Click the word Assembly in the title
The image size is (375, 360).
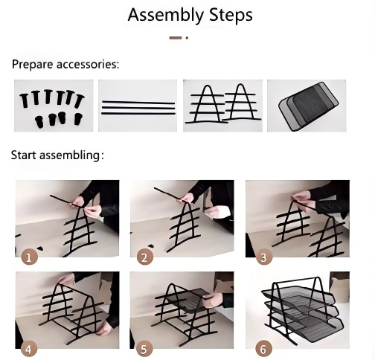click(165, 16)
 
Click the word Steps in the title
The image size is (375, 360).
click(231, 15)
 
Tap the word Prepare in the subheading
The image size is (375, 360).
click(33, 65)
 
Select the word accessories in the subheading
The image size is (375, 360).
click(88, 65)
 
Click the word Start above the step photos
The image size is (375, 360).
click(24, 155)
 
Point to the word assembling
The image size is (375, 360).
click(71, 155)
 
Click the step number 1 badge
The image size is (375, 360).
click(29, 257)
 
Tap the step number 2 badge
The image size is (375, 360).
click(144, 257)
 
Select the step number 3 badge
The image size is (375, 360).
click(263, 257)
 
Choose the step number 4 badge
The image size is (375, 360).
click(29, 350)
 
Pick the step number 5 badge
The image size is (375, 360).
click(144, 350)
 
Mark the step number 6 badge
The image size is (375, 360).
click(263, 350)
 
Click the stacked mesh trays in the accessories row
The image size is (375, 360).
click(308, 106)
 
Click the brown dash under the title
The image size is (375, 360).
click(176, 38)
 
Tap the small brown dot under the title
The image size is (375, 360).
click(187, 38)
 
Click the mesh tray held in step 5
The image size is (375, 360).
click(188, 300)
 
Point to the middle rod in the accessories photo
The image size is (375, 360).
click(138, 108)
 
